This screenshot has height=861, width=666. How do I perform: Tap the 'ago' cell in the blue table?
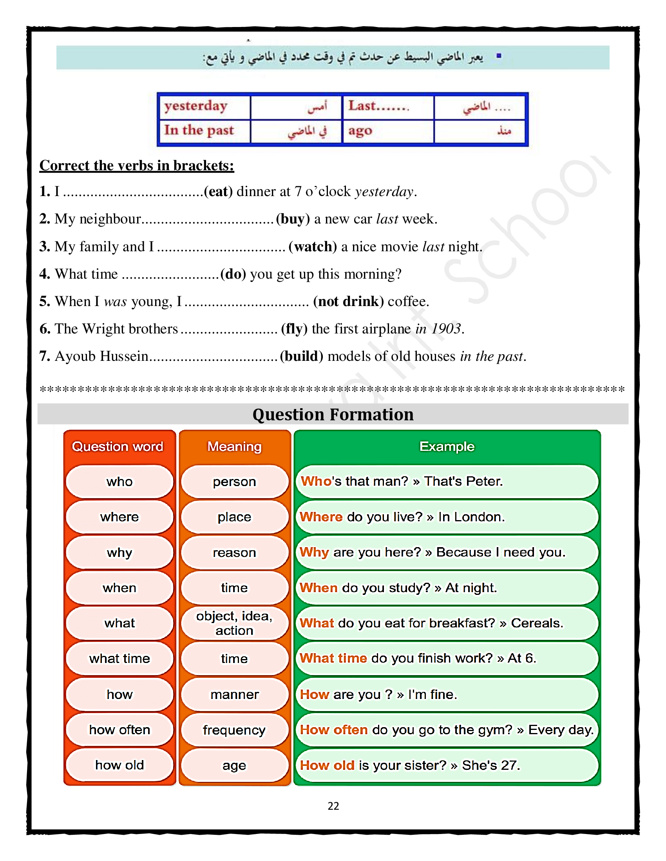click(360, 131)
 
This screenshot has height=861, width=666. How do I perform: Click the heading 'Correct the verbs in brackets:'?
click(136, 166)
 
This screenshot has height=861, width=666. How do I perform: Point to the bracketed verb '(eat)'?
click(218, 192)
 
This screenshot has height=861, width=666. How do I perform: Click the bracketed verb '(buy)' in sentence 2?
click(293, 219)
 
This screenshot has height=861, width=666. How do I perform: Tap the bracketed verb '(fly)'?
click(294, 329)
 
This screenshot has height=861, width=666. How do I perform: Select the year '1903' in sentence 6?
click(446, 329)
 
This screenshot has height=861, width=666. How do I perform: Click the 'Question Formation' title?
click(333, 415)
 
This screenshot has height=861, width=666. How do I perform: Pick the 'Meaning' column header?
click(234, 447)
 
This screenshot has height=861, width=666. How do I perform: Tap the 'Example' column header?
click(447, 447)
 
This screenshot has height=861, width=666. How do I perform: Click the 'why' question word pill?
click(119, 553)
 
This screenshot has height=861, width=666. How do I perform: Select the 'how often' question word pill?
click(119, 730)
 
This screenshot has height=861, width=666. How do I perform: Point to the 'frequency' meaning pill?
click(234, 730)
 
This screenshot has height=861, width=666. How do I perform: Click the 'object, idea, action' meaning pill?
click(234, 623)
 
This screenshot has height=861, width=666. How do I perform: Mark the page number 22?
click(333, 806)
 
